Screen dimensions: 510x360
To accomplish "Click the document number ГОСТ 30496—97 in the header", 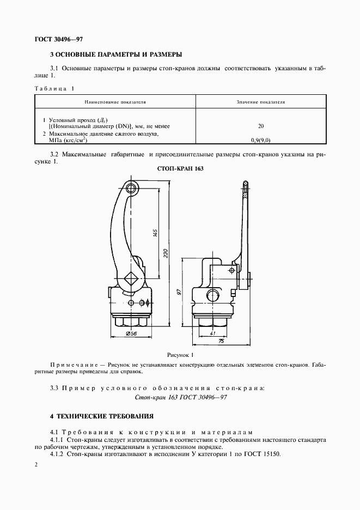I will tap(59, 39).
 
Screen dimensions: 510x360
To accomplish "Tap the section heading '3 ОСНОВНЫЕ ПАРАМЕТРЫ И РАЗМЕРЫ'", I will tap(115, 55).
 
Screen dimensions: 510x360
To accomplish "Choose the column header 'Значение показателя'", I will tap(261, 102).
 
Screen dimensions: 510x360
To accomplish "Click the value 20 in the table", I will tap(261, 126).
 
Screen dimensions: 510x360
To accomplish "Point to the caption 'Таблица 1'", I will tap(54, 88).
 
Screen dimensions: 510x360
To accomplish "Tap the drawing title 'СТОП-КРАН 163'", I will tap(180, 169).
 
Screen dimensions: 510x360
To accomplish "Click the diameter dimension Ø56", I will tap(131, 333).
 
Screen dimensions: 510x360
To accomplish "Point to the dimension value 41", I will tap(213, 333).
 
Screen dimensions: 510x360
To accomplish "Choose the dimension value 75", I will tap(222, 342).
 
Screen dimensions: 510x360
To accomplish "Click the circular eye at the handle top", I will tap(131, 189).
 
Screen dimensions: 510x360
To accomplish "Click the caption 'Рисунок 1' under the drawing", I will tap(180, 355).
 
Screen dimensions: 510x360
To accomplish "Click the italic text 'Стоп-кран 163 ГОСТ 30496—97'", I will tap(180, 398).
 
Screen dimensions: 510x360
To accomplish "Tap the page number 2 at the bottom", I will tap(36, 465).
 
